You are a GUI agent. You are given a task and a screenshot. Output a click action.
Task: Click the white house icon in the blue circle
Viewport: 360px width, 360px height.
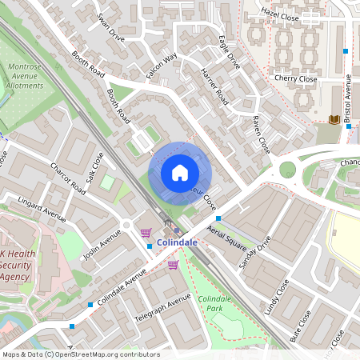pos(180,172)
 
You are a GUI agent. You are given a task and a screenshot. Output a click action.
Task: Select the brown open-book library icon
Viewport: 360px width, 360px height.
pos(334,120)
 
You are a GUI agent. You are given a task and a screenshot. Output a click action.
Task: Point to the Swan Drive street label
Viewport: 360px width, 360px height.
pos(110,26)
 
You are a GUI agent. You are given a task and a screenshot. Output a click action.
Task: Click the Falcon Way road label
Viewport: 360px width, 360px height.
pos(162,65)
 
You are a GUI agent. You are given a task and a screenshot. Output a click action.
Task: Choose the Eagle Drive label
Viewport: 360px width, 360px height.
pos(229,50)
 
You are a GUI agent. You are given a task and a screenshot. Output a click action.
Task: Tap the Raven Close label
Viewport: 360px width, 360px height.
pos(261,134)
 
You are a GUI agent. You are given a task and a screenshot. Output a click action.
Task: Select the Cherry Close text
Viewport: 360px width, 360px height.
pos(295,79)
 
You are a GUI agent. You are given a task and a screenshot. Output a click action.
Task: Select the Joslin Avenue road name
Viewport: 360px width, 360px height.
pos(101,244)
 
